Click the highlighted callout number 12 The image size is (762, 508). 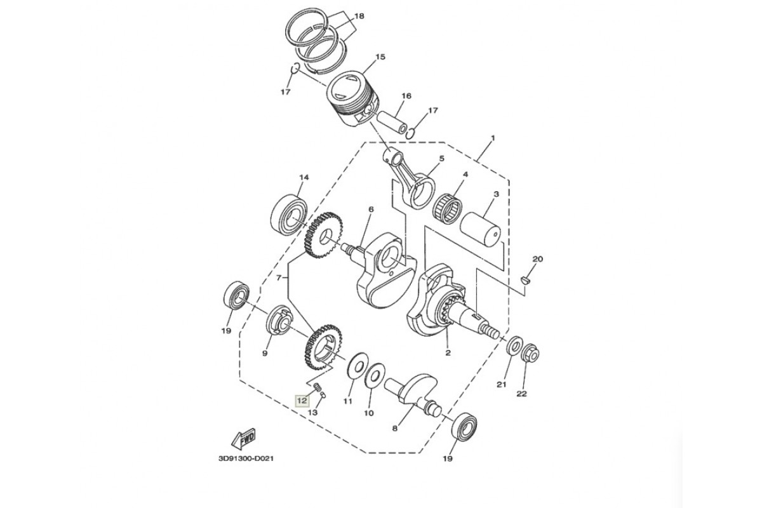click(302, 401)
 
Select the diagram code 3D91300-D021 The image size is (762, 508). click(246, 458)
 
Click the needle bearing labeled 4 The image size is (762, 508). click(448, 208)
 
